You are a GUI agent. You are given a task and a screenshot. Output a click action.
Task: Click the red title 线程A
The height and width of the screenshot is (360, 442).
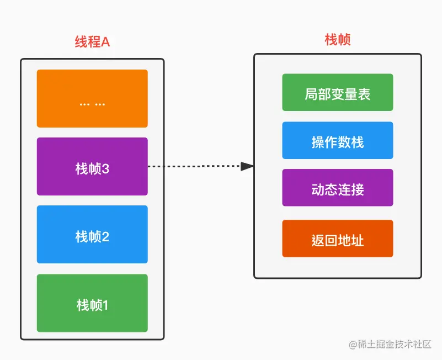point(92,42)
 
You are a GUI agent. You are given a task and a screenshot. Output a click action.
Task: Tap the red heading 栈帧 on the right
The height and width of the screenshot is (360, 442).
point(338,40)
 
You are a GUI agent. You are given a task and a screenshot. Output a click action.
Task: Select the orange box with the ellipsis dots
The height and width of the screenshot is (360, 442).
point(92,99)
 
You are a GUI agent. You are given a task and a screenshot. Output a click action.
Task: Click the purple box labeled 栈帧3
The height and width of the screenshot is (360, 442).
point(92,167)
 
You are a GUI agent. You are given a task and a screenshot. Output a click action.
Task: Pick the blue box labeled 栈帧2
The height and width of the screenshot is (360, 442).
point(92,235)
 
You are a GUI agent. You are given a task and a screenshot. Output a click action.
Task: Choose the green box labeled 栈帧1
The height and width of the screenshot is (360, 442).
point(92,303)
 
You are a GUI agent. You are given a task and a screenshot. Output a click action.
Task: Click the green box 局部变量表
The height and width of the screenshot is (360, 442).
point(337,93)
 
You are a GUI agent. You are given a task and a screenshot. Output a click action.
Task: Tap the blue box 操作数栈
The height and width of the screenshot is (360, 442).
point(337,141)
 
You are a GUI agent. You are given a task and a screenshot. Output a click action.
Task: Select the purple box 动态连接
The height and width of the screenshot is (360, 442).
point(337,188)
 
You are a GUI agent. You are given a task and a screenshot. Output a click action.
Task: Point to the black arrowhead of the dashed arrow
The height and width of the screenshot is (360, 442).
point(248,166)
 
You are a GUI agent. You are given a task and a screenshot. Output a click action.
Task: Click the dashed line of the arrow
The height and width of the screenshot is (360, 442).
point(193,166)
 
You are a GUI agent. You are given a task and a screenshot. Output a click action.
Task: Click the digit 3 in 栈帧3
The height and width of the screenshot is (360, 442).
point(105,169)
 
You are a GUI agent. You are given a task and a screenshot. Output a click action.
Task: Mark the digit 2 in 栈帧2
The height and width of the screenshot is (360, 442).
point(105,237)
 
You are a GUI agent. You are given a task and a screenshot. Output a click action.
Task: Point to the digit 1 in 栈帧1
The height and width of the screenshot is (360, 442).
point(105,305)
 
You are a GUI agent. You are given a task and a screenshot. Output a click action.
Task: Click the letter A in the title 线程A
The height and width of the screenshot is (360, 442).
point(106,42)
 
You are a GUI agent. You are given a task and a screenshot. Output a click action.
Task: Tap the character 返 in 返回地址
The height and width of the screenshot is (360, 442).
point(318,240)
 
